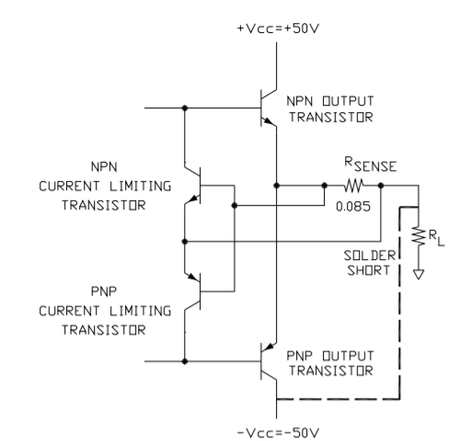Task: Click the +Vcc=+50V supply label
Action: pyautogui.click(x=278, y=28)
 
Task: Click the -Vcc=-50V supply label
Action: pyautogui.click(x=278, y=433)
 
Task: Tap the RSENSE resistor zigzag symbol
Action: pyautogui.click(x=353, y=186)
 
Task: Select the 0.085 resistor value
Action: pyautogui.click(x=353, y=207)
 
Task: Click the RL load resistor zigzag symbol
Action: pyautogui.click(x=419, y=236)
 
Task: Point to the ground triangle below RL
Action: pyautogui.click(x=419, y=274)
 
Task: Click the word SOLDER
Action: pyautogui.click(x=370, y=255)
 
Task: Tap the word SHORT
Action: pyautogui.click(x=369, y=270)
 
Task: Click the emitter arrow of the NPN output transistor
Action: pyautogui.click(x=269, y=121)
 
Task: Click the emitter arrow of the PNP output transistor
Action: pyautogui.click(x=269, y=347)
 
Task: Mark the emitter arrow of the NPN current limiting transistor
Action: pyautogui.click(x=193, y=198)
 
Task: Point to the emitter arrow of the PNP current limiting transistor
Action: pyautogui.click(x=193, y=277)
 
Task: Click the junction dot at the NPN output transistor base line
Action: pyautogui.click(x=185, y=107)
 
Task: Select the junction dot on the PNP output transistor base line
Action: pyautogui.click(x=185, y=361)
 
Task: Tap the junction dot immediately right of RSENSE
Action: pyautogui.click(x=381, y=186)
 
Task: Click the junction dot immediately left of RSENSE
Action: pyautogui.click(x=325, y=186)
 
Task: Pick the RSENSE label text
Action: pyautogui.click(x=371, y=164)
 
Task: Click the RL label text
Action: pyautogui.click(x=436, y=238)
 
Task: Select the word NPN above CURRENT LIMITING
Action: pyautogui.click(x=104, y=167)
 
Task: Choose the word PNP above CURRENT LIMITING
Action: pyautogui.click(x=104, y=291)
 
